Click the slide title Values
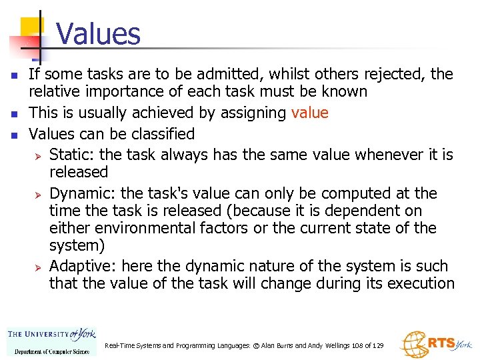(98, 33)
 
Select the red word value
(309, 113)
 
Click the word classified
(158, 133)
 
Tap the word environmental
(142, 228)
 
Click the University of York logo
(51, 340)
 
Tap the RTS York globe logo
(413, 344)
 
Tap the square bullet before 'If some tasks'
(15, 74)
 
